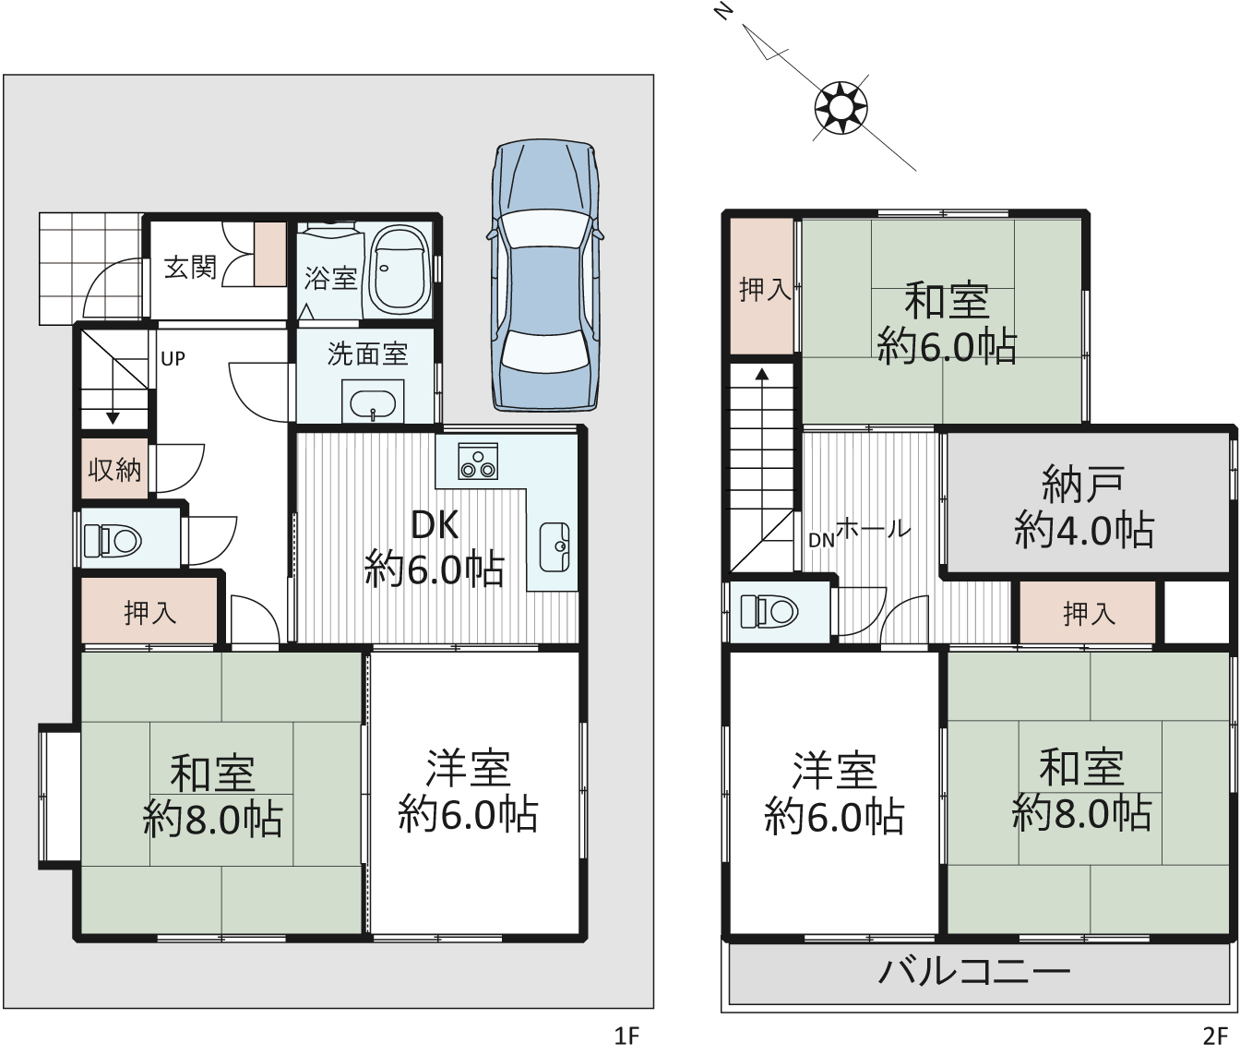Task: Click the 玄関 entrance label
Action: click(x=191, y=268)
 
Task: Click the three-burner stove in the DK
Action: click(x=478, y=461)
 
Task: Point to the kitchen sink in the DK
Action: click(x=554, y=546)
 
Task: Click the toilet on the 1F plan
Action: click(x=113, y=540)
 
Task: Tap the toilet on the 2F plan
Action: click(x=769, y=612)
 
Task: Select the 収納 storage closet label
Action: click(x=114, y=470)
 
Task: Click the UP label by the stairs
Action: click(x=173, y=359)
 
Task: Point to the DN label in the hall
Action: click(x=821, y=541)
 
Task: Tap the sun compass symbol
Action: click(x=841, y=108)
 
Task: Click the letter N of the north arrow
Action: click(x=724, y=11)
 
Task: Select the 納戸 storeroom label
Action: click(x=1083, y=485)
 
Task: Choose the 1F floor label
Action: click(x=626, y=1036)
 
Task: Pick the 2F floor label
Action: click(x=1215, y=1036)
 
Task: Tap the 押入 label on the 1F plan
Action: click(x=150, y=613)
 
